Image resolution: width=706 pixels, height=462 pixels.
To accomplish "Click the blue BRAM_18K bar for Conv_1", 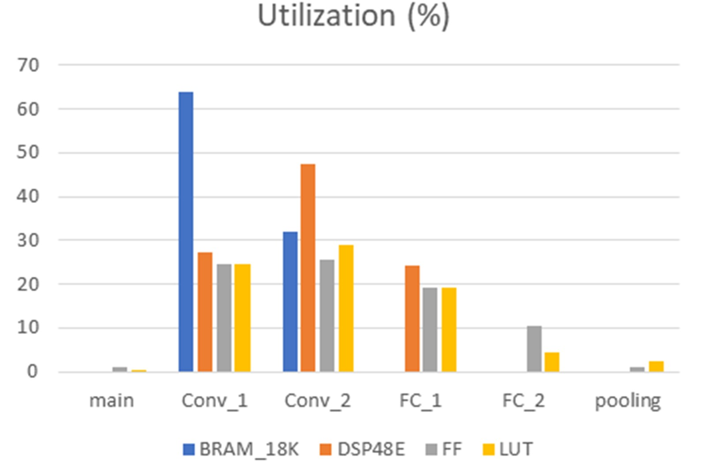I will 186,232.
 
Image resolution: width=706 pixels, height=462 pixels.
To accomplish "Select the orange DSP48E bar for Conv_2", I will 308,268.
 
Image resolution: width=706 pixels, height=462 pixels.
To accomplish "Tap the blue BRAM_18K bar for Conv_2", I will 290,301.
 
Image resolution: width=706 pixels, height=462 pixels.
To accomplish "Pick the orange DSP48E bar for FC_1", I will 412,319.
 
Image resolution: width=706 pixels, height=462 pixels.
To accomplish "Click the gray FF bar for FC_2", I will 534,349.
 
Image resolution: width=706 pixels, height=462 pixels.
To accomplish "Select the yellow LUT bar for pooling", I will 656,366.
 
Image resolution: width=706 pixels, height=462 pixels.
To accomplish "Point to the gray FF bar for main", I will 120,369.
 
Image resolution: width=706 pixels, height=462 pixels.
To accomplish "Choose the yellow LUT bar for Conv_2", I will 346,308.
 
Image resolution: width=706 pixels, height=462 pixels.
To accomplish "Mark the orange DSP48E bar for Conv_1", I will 205,312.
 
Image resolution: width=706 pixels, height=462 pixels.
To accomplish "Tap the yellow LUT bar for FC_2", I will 552,362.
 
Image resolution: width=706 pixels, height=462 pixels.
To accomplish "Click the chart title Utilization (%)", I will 353,16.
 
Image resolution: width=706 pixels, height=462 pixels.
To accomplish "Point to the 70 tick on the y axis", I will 28,65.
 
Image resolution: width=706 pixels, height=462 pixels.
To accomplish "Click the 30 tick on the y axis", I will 28,240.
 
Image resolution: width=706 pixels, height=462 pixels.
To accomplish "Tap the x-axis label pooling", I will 627,401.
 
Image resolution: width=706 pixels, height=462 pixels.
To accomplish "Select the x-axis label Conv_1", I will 214,401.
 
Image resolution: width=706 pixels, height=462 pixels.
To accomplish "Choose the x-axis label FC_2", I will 523,401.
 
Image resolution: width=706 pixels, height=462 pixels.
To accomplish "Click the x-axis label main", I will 111,401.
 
